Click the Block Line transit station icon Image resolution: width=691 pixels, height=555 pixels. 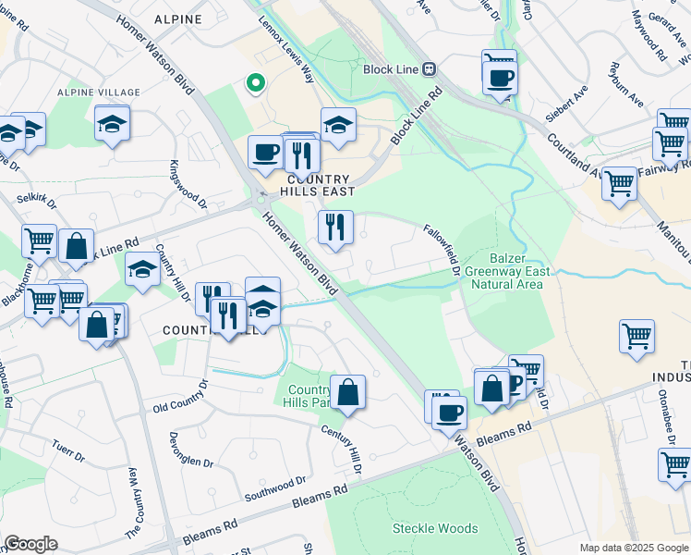coord(429,68)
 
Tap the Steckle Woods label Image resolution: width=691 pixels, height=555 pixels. coord(435,528)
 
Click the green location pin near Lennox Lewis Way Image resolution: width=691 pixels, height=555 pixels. coord(256,83)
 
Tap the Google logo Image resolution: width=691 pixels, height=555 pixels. coord(31,543)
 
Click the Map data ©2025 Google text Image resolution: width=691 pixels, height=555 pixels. coord(633,548)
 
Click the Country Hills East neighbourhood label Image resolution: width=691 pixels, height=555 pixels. coord(319,185)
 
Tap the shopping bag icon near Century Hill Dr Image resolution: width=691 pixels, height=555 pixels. coord(348,392)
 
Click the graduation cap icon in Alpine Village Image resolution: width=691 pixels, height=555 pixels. coord(112,124)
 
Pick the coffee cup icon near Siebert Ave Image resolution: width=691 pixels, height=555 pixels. coord(500,76)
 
